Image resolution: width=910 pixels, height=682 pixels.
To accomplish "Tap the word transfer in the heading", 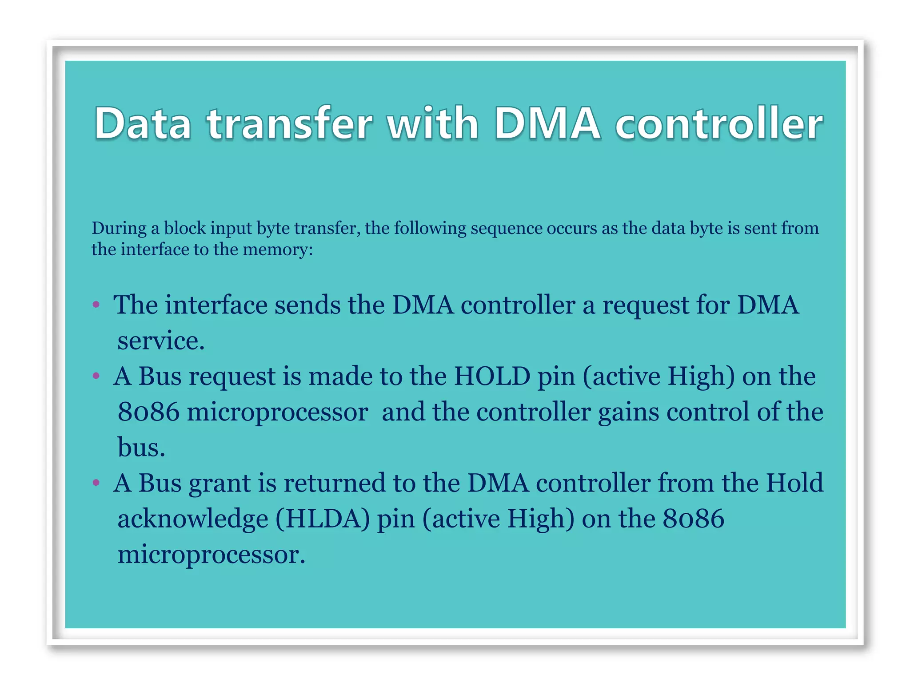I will pos(289,123).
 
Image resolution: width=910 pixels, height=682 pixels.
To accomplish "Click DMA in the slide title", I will pos(547,123).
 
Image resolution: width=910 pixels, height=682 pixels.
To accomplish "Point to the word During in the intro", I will pos(119,228).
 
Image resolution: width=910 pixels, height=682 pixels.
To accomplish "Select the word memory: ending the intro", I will pos(278,250).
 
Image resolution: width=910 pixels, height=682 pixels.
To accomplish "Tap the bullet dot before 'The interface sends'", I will pos(96,305).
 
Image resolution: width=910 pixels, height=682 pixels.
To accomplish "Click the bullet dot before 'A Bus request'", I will pos(96,377).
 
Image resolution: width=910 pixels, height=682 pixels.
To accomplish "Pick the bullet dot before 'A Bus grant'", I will pos(96,483).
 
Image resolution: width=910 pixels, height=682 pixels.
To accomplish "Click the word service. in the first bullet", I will pos(161,341).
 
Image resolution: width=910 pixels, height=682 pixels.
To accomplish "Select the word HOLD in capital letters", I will pos(492,377).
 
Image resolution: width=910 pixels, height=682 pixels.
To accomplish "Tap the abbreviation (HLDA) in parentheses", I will pos(323,519).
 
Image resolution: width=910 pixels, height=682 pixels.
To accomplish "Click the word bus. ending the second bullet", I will pos(141,447).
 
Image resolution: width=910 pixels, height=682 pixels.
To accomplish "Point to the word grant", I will pos(220,484).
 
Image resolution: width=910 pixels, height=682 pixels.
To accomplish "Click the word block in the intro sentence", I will pos(185,228).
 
